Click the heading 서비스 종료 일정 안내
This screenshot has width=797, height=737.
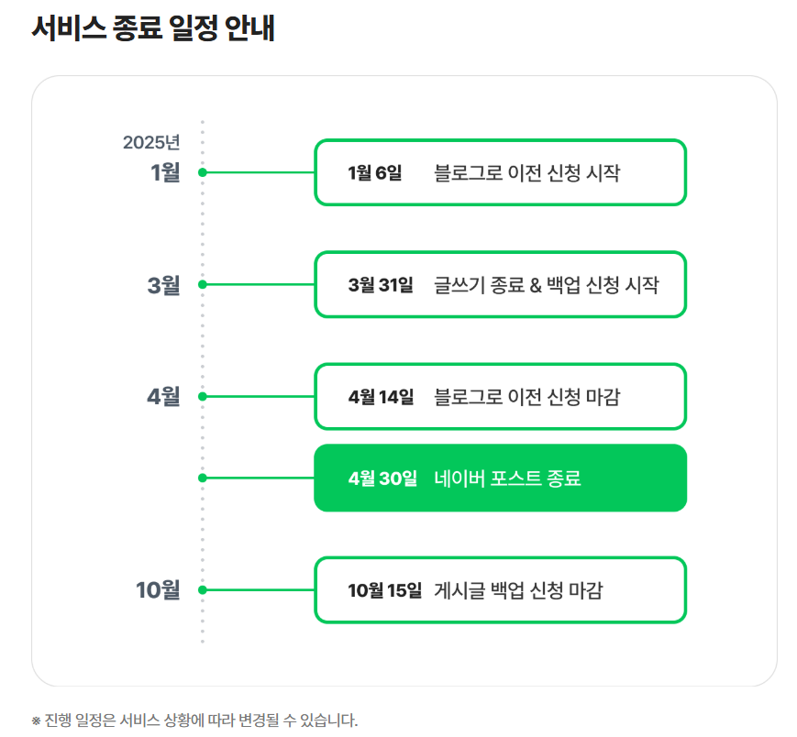click(x=153, y=28)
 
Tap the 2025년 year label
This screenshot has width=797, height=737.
click(x=151, y=142)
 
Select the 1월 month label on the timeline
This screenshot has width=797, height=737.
click(x=165, y=171)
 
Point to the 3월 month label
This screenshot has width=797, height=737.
click(x=164, y=284)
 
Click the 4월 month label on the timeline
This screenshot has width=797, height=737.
click(x=164, y=397)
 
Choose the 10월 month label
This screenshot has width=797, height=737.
click(x=159, y=589)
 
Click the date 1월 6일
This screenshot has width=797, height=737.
click(x=375, y=172)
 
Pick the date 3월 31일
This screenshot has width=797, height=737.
click(x=381, y=285)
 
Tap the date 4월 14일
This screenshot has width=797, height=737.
click(x=381, y=397)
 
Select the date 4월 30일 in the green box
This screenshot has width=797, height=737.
click(x=382, y=478)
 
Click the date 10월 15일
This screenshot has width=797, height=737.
click(x=385, y=590)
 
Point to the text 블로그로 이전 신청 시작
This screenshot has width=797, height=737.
click(x=526, y=172)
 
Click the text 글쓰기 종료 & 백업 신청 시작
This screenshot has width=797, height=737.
click(x=546, y=285)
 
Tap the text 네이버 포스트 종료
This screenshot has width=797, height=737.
click(x=507, y=478)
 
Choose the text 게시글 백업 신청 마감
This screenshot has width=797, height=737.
click(x=518, y=590)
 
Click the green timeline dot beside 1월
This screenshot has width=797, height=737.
click(x=203, y=171)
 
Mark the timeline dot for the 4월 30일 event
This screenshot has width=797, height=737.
click(x=203, y=478)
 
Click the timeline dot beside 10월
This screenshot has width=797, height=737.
click(x=203, y=589)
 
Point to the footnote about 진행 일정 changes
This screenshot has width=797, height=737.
click(x=194, y=720)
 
